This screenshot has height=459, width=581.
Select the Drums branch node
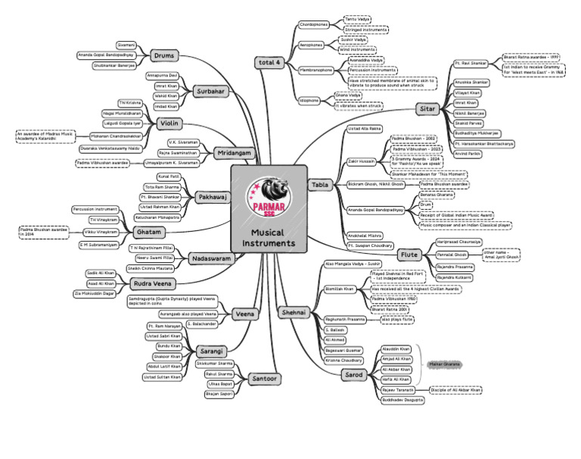(164, 55)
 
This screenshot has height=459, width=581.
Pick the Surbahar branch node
(211, 90)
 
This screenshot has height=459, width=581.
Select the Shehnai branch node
(294, 312)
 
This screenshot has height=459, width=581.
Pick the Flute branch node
(409, 254)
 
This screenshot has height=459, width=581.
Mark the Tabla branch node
(319, 184)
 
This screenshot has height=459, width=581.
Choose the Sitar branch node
(427, 109)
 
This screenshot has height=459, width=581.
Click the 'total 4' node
(269, 61)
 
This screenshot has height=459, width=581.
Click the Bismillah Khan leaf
(340, 289)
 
